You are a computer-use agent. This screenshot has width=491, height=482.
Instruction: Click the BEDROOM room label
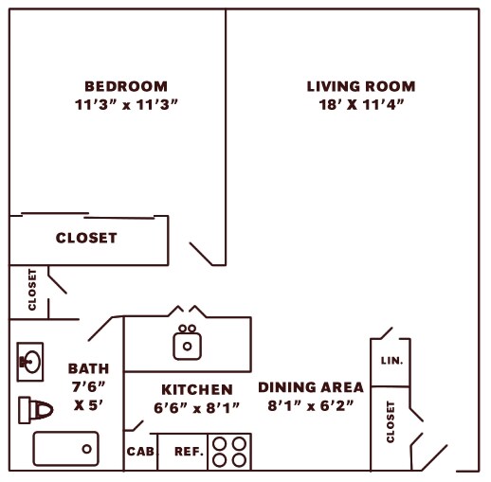click(125, 85)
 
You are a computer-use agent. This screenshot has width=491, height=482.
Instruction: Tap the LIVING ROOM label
click(360, 86)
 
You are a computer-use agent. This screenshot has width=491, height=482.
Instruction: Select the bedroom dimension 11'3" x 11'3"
click(125, 104)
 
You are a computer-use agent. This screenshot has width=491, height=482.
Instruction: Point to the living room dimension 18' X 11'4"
click(361, 104)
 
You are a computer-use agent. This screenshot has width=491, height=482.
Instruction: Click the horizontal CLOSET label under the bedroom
click(86, 238)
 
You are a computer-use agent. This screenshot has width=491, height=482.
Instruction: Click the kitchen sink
click(188, 343)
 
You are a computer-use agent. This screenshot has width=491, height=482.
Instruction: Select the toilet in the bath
click(34, 409)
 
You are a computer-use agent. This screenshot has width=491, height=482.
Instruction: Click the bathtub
click(65, 448)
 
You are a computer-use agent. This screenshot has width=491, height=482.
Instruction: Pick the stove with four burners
click(229, 452)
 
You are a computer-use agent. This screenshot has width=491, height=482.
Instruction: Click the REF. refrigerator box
click(189, 452)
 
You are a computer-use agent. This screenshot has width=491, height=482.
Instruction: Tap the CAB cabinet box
click(139, 452)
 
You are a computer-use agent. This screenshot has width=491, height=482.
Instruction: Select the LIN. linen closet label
click(391, 361)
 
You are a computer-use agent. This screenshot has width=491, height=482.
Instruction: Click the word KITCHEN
click(196, 389)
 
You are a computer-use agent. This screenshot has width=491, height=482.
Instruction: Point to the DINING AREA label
click(310, 387)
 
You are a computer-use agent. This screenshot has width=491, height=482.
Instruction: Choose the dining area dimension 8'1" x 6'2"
click(310, 406)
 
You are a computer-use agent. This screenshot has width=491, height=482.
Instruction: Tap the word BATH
click(88, 368)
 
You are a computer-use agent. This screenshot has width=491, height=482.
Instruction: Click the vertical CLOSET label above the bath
click(32, 291)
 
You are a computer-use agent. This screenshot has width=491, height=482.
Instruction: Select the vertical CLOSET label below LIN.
click(390, 421)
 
